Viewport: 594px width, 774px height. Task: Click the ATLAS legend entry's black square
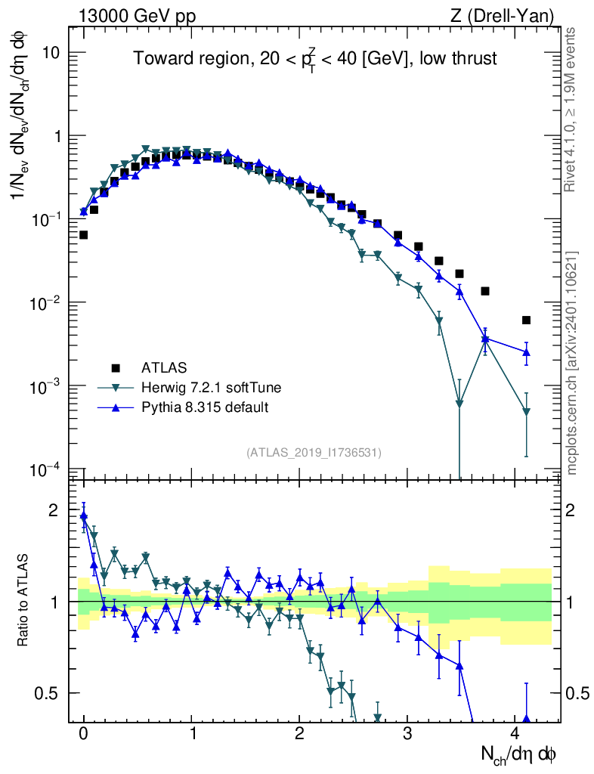116,368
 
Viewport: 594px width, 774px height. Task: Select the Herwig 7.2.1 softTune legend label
212,388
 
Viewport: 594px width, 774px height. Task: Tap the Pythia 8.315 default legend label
205,407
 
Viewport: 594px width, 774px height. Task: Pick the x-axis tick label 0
83,734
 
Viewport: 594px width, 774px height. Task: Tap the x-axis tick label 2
300,734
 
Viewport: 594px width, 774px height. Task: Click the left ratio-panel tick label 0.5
47,693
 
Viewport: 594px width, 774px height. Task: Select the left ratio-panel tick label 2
54,510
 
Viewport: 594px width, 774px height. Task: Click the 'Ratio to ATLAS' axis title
24,601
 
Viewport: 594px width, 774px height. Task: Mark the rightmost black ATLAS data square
526,320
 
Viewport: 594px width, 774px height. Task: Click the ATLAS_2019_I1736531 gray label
314,452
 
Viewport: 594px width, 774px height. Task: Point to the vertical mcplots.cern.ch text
572,363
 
